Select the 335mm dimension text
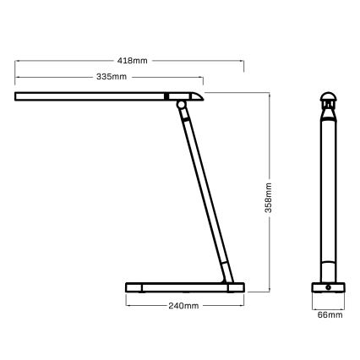pos(112,77)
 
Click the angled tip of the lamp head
pos(198,95)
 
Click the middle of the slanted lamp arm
pos(202,190)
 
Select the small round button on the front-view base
pos(328,288)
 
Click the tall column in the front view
pos(328,194)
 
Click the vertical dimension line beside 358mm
pos(268,245)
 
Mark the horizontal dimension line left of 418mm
pos(68,60)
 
